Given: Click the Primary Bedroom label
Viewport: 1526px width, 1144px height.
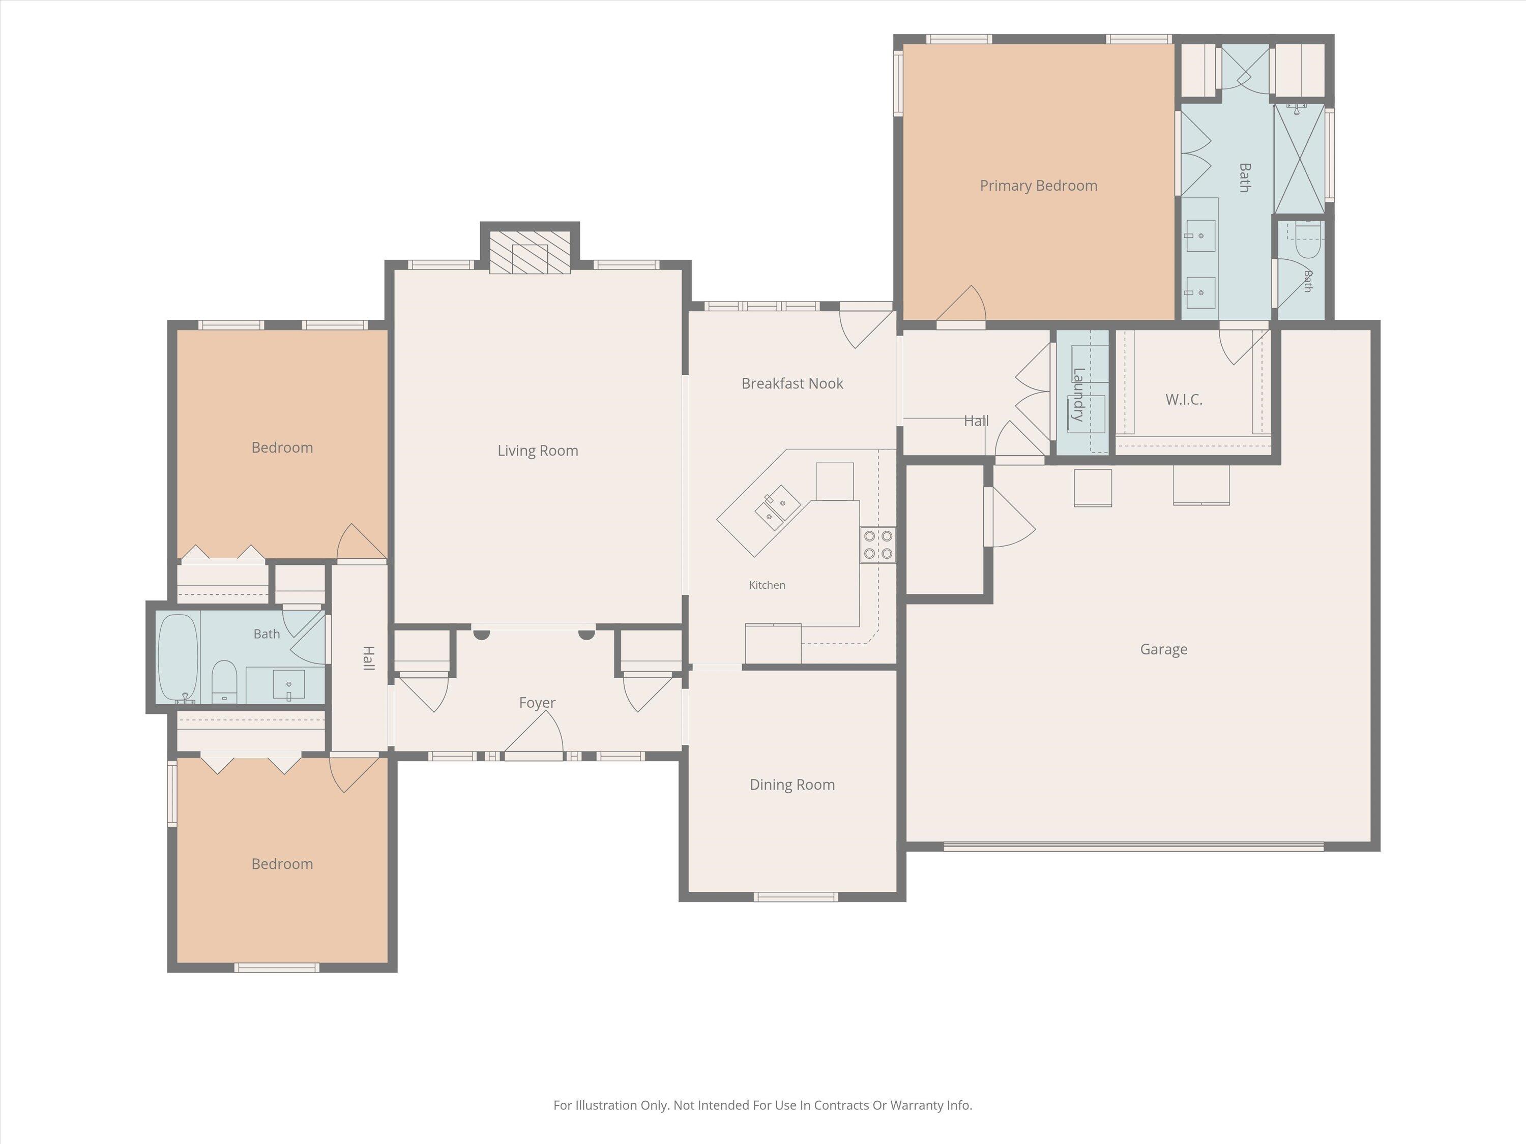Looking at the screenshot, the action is (1038, 186).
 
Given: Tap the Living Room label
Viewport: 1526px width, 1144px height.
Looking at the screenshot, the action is (538, 451).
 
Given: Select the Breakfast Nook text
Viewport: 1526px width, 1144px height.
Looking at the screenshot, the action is (792, 383).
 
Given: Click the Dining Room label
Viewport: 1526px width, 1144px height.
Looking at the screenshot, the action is (792, 785).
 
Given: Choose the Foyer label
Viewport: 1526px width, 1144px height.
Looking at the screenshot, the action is (537, 703).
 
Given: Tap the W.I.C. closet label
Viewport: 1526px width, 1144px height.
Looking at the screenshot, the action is (1184, 399).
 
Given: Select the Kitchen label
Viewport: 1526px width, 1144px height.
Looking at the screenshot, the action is (767, 585).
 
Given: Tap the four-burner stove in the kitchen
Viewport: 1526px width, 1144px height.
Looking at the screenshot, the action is (877, 545).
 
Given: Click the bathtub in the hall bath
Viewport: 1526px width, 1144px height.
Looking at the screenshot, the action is (178, 658).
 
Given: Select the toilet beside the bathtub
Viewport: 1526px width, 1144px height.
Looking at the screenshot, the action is (223, 681).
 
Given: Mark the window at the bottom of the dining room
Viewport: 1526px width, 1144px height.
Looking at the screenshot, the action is (796, 897).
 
